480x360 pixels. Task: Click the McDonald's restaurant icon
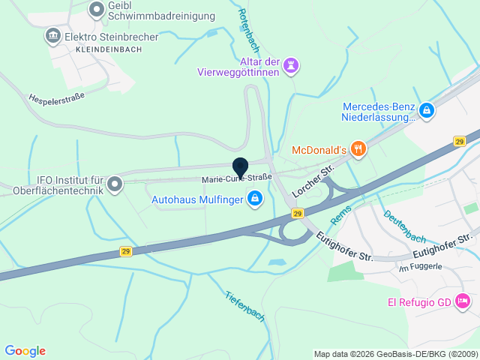tap(359, 149)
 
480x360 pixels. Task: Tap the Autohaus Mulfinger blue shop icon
tap(255, 198)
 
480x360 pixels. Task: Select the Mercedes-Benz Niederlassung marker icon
tap(427, 111)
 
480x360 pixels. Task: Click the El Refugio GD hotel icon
tap(463, 301)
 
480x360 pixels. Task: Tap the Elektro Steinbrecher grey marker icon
tap(52, 35)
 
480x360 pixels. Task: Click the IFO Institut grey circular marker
tap(115, 183)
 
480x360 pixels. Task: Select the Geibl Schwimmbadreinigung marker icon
tap(97, 10)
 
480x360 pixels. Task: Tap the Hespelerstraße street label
tap(56, 97)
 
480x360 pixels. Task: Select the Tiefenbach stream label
tap(244, 307)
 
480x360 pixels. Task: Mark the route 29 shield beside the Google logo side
tap(125, 251)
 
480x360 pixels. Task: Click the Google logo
tap(25, 350)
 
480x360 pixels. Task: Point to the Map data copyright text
tap(394, 354)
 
